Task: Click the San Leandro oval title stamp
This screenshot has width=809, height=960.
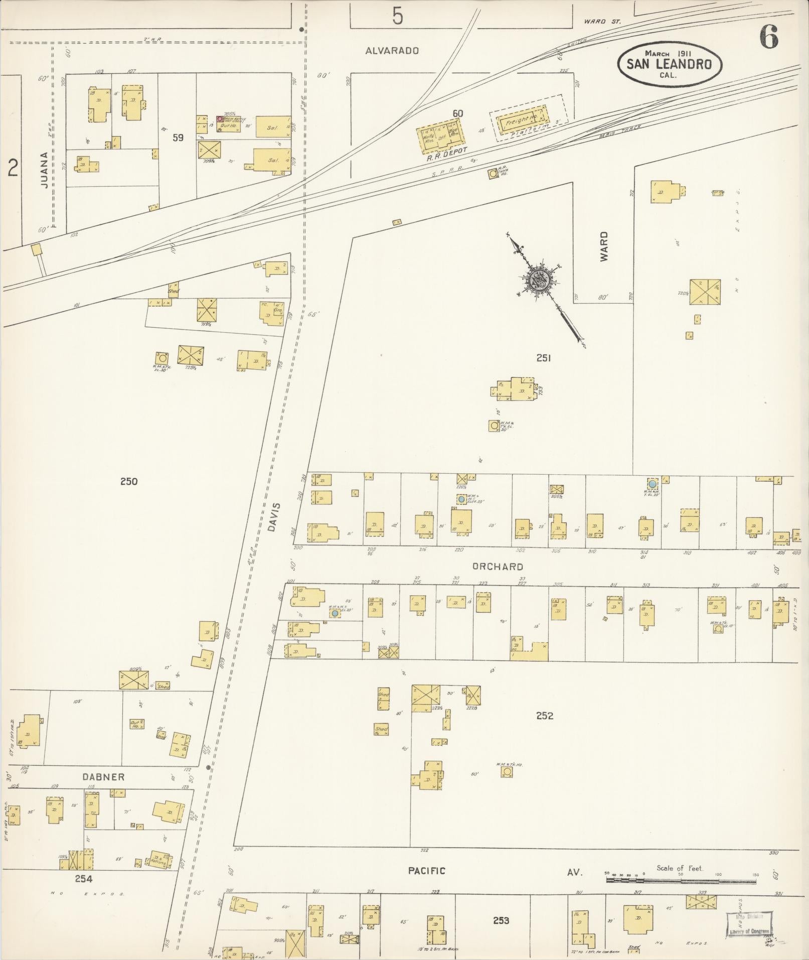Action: (671, 64)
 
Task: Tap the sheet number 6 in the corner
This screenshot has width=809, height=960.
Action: (768, 37)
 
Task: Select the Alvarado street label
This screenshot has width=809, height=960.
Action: (392, 51)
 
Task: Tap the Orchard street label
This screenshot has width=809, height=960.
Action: (498, 567)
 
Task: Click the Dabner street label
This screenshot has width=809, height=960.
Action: (103, 776)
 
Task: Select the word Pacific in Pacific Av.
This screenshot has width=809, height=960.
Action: (426, 871)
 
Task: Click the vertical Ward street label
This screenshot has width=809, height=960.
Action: (604, 246)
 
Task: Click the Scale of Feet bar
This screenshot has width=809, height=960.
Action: (682, 880)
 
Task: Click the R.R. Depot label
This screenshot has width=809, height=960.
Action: (447, 152)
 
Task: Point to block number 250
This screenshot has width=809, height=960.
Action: (129, 481)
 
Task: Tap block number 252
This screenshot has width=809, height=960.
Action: (544, 716)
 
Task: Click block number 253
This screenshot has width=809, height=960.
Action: (501, 920)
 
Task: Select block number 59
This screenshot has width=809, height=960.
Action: (178, 138)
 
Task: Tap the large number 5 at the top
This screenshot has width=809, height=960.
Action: (397, 17)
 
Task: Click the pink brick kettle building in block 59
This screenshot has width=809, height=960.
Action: (220, 119)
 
